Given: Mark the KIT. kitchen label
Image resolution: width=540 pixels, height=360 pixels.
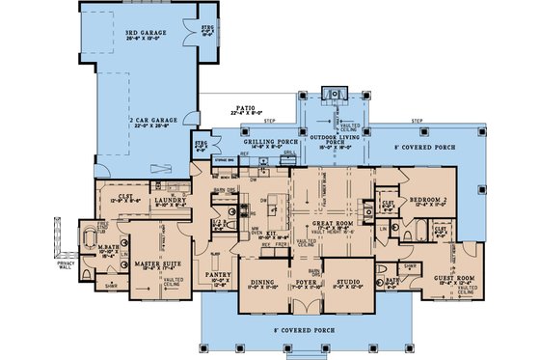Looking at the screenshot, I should coord(273,233).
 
